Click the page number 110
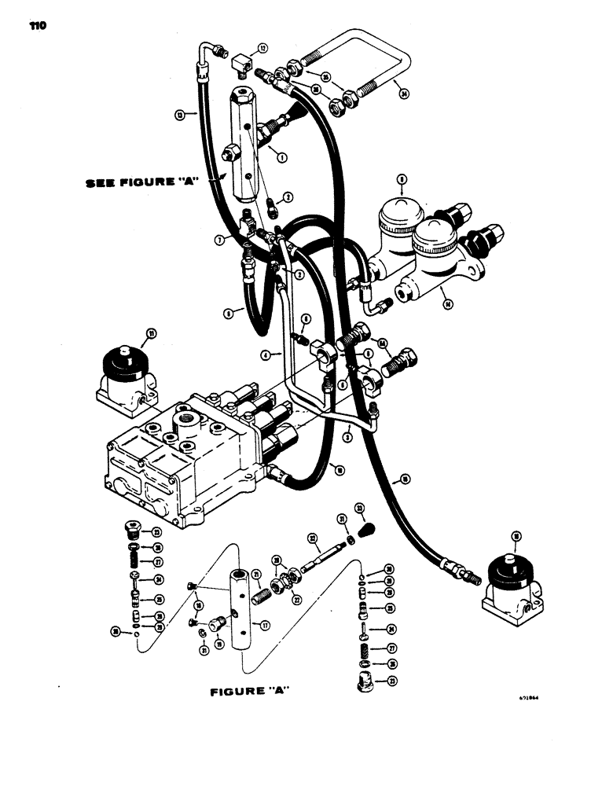pos(37,25)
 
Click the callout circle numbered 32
pos(312,539)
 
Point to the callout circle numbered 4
pos(267,355)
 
